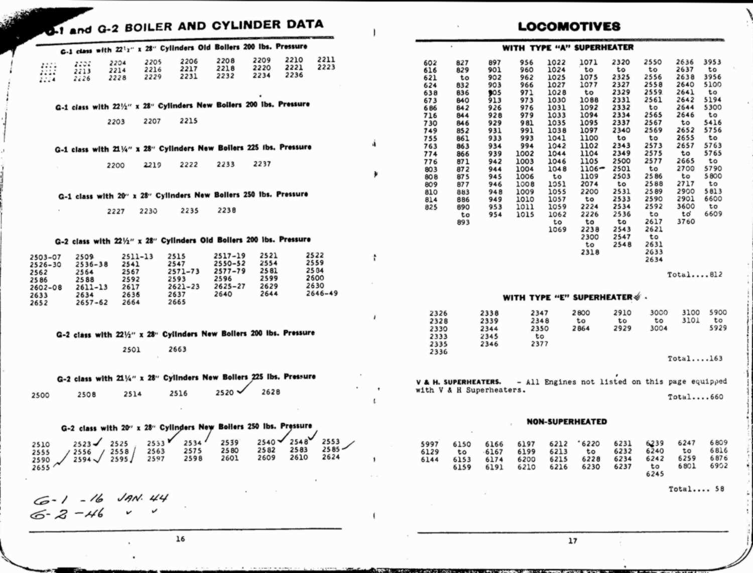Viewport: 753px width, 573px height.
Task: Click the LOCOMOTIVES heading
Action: [569, 27]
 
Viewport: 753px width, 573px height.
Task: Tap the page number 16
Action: [180, 539]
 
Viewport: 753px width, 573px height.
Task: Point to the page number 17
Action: [573, 541]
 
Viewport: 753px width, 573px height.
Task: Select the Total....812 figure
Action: [695, 275]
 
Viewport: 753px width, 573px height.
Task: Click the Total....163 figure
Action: [695, 359]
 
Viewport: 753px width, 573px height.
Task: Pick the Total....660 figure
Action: [695, 397]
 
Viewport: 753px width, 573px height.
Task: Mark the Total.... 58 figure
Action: [696, 489]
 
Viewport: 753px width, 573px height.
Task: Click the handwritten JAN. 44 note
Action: [143, 498]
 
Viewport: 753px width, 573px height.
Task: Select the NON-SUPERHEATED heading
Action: [567, 422]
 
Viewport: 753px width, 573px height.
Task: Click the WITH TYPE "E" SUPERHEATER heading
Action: [567, 297]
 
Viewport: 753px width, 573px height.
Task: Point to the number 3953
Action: [712, 62]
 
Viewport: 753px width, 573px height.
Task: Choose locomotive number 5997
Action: [430, 444]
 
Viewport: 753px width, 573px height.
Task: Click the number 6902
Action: [719, 466]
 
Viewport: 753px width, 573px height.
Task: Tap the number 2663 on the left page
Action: [177, 349]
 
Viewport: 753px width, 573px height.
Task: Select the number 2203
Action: [116, 122]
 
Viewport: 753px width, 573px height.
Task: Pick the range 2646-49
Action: [322, 293]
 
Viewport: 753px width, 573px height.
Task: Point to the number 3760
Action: [686, 221]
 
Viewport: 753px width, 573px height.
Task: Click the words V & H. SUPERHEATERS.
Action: [458, 382]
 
